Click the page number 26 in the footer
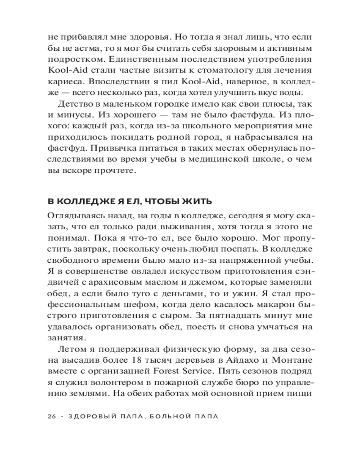(x=50, y=416)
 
